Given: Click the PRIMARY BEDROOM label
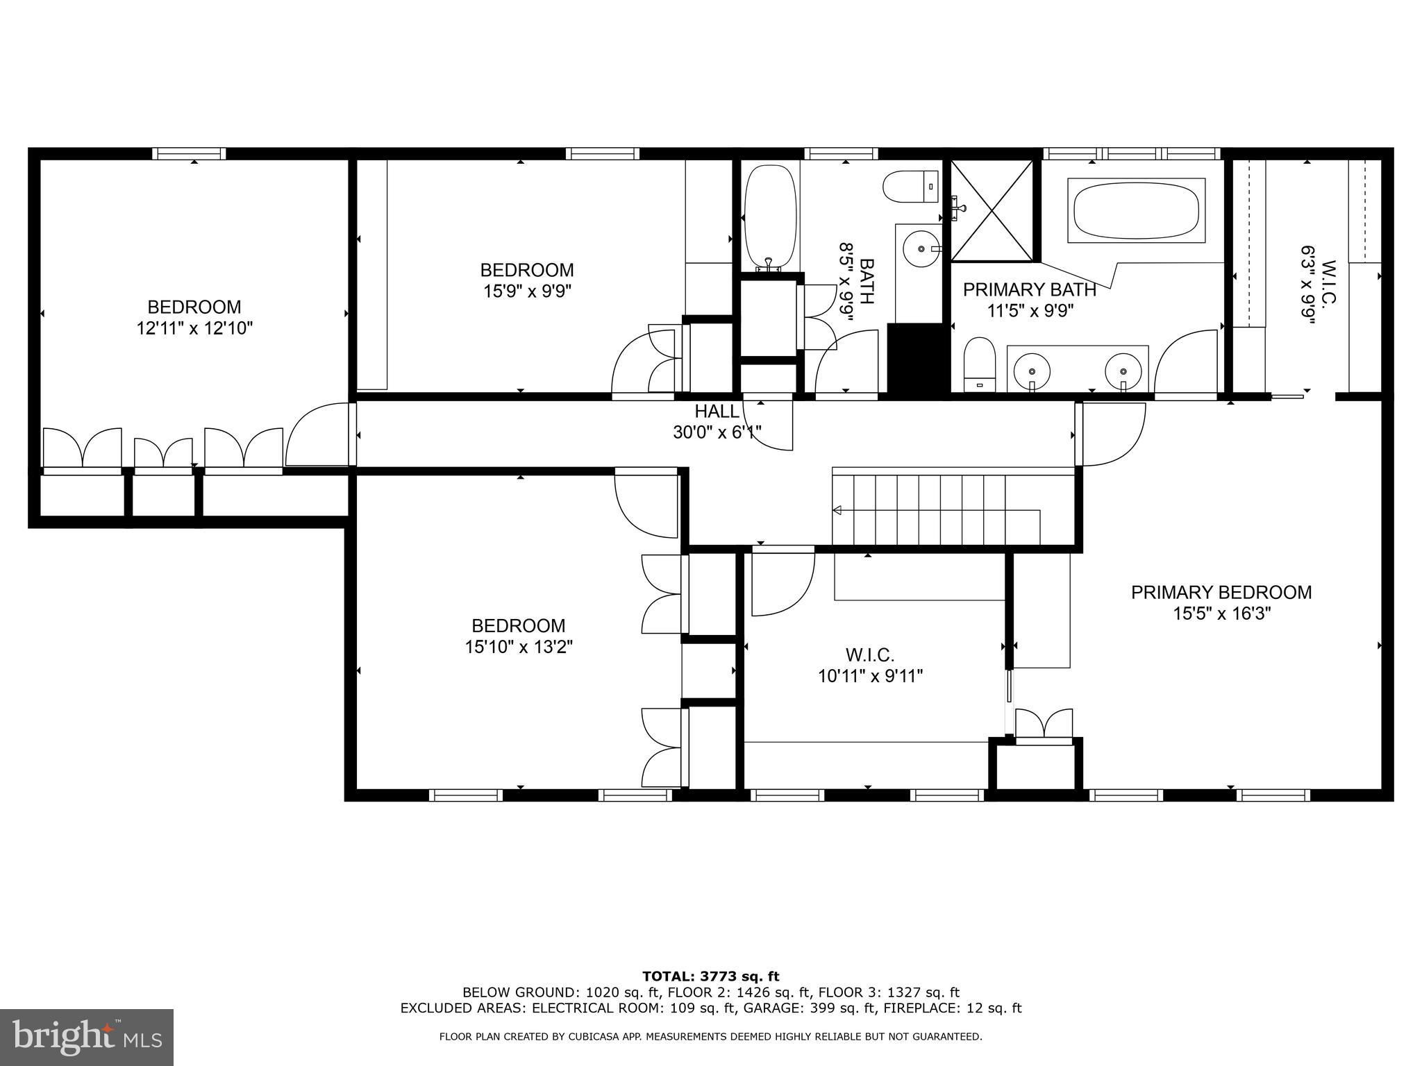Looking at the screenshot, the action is click(x=1221, y=592).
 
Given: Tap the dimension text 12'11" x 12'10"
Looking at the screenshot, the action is click(x=194, y=328).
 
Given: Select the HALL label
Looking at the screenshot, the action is click(x=717, y=412).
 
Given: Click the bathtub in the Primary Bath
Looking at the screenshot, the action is click(x=1136, y=211).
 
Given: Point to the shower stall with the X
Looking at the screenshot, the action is click(x=992, y=210).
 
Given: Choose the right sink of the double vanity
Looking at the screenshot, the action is click(x=1123, y=370).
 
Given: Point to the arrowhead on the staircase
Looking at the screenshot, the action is click(x=837, y=511).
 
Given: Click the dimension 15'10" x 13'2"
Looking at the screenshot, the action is click(x=519, y=647).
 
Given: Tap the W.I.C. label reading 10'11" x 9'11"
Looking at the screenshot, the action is click(x=870, y=675).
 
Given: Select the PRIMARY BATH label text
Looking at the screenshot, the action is click(x=1030, y=289).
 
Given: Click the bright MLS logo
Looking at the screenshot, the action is click(x=87, y=1038).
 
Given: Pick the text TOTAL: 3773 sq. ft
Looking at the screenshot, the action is click(x=711, y=976).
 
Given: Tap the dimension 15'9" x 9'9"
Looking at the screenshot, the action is click(x=528, y=291).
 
